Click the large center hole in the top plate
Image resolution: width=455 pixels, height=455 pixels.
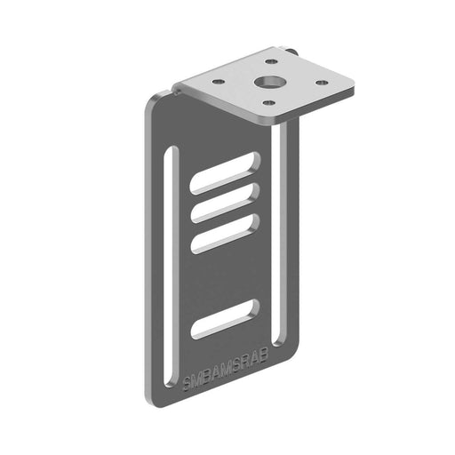point(267,82)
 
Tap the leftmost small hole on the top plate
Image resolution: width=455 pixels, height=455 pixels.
point(218,83)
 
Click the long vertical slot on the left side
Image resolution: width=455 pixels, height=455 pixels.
point(171,258)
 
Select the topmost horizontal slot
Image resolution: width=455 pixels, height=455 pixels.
point(225,172)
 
